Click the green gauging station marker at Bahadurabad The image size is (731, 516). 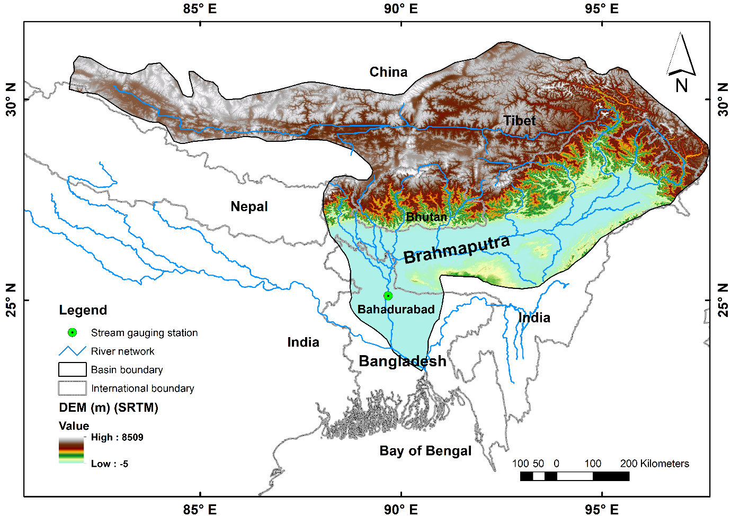388,296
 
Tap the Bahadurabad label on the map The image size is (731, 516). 396,310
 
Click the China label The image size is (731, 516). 388,72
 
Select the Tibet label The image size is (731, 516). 519,121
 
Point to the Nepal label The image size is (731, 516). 249,206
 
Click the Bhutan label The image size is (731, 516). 426,217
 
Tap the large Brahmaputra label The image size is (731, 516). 457,249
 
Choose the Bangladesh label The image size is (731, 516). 402,361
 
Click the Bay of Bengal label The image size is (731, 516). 425,451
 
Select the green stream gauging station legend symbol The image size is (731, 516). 73,332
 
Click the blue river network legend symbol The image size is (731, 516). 72,351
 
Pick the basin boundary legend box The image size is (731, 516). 72,369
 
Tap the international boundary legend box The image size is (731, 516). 72,388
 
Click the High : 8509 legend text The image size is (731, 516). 117,437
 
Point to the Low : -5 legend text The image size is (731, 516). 109,464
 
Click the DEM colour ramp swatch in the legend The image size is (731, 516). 71,450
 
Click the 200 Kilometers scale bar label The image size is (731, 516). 654,464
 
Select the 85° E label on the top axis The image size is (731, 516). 200,9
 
